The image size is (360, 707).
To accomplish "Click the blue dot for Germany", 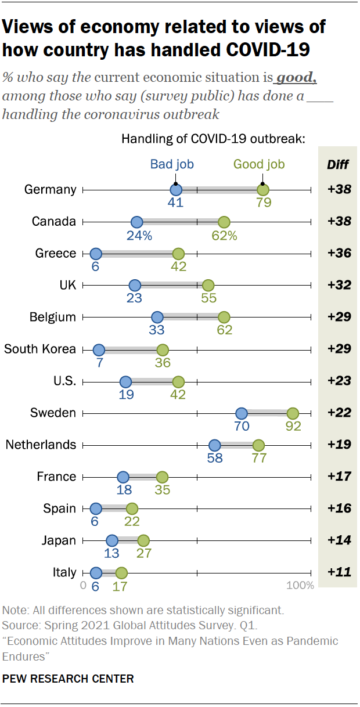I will tap(176, 190).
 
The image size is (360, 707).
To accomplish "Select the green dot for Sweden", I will tap(293, 413).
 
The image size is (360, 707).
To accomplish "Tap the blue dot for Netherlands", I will tap(215, 445).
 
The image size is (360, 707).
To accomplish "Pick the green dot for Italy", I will tap(121, 573).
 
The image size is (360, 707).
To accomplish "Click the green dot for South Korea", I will tap(163, 350).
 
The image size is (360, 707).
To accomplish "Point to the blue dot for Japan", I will tap(112, 541).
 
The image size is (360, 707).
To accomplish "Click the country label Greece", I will tap(56, 254).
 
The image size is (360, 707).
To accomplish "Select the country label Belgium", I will tap(53, 318).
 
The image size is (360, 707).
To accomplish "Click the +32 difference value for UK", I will tap(339, 286).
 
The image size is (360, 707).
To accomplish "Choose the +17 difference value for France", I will tap(339, 477).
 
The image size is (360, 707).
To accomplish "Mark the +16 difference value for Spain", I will tap(339, 509).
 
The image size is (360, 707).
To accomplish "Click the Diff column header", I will tap(338, 164).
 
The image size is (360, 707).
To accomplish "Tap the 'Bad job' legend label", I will tap(172, 164).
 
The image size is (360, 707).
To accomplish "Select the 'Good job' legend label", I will tap(259, 164).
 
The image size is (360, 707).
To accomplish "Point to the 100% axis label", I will tap(300, 586).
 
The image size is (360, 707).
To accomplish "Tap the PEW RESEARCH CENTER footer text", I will tap(68, 679).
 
